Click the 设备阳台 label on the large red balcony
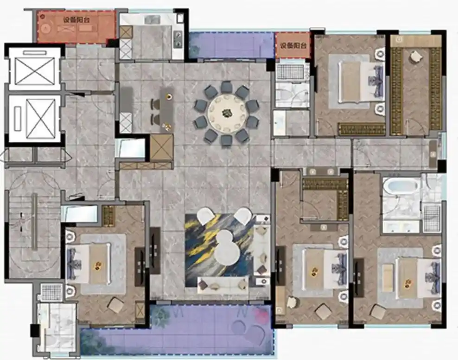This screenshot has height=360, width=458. (x=76, y=20)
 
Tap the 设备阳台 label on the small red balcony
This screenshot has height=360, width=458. (x=293, y=46)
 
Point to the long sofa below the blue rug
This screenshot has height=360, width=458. (x=223, y=284)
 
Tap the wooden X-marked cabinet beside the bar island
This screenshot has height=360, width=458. (x=162, y=147)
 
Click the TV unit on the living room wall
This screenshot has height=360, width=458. (x=154, y=251)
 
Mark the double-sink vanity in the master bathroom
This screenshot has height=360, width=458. (x=402, y=226)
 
